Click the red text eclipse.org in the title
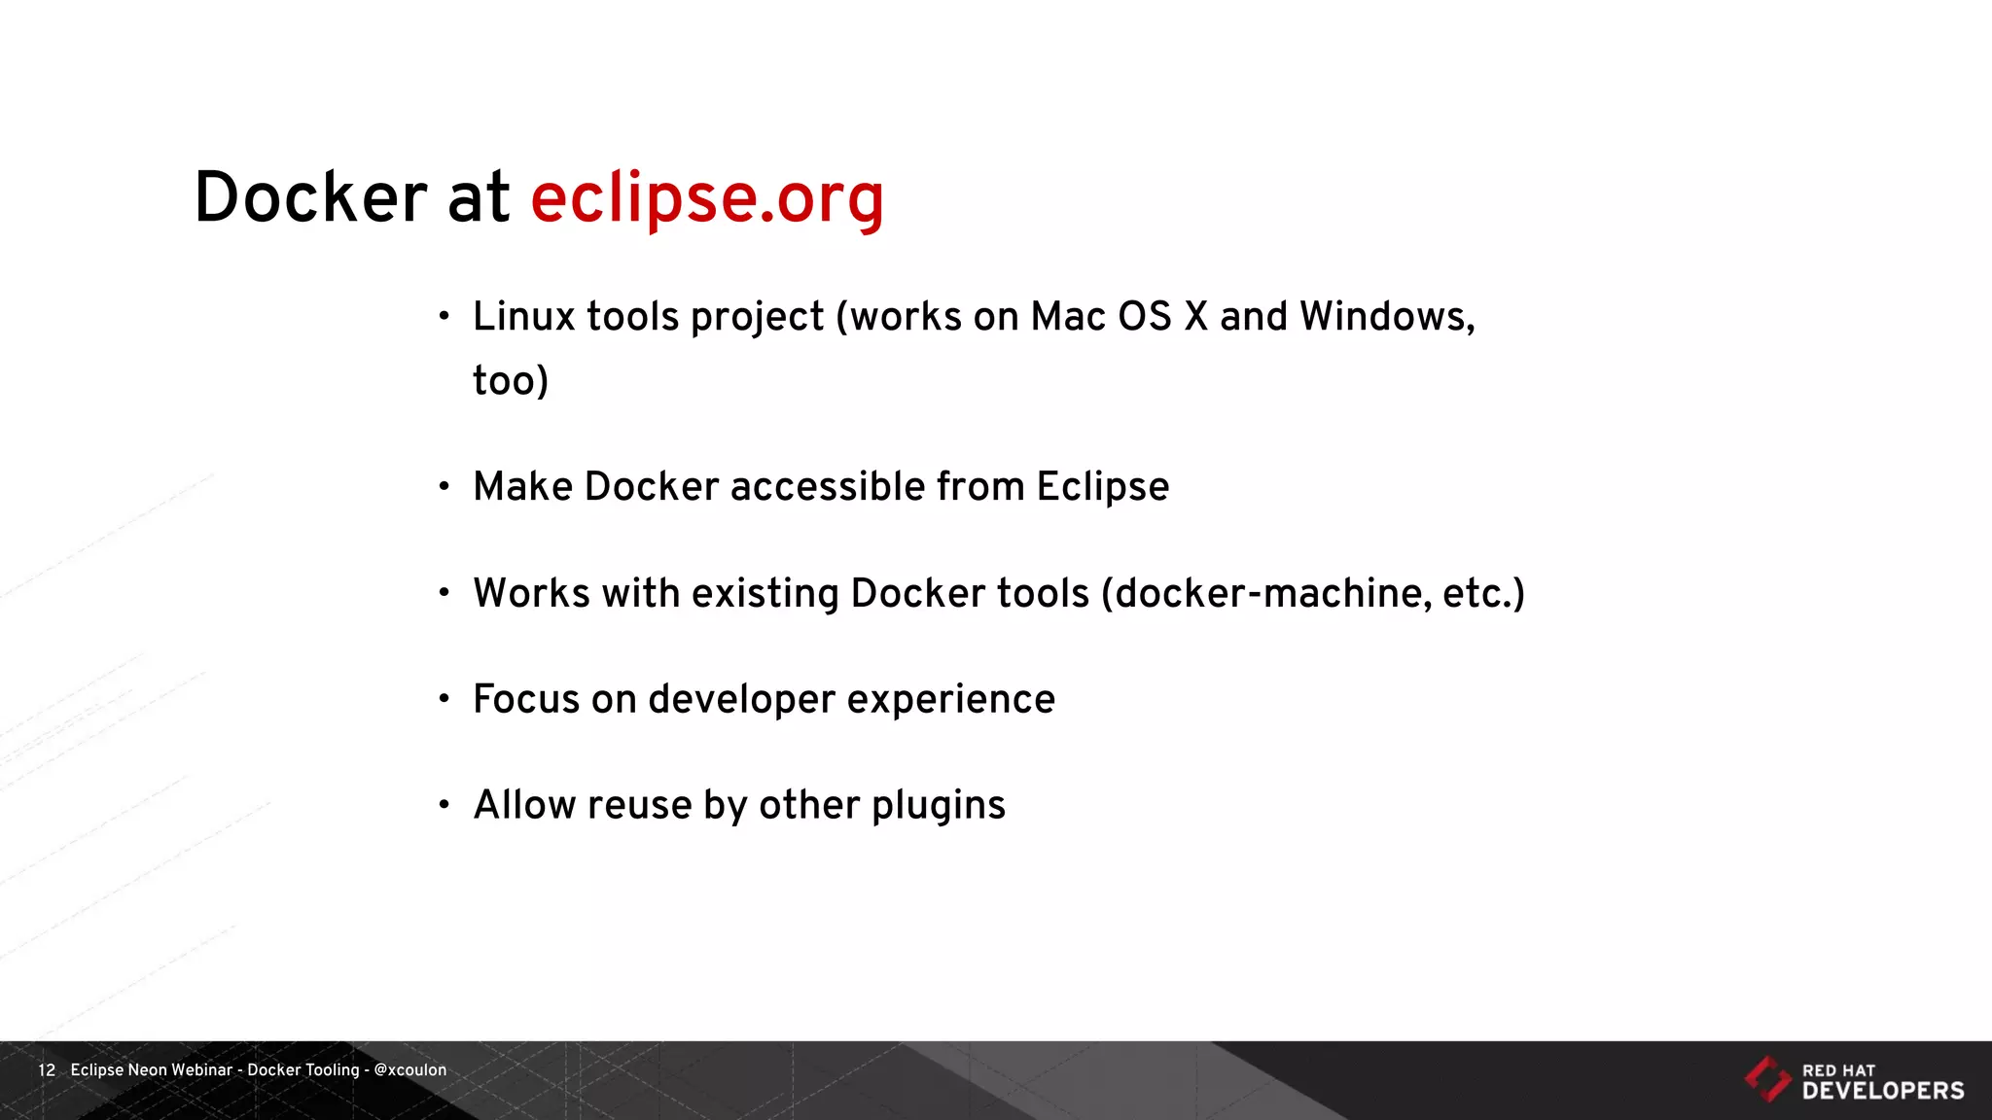tap(707, 198)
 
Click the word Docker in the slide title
tap(310, 198)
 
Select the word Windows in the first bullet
tap(1386, 317)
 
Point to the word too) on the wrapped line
tap(511, 380)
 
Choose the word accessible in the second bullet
tap(828, 487)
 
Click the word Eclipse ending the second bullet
tap(1102, 487)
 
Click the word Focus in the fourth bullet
tap(526, 699)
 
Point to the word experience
tap(950, 700)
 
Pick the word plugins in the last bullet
tap(938, 806)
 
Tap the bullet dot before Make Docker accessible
tap(445, 486)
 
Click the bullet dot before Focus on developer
tap(445, 698)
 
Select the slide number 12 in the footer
tap(47, 1070)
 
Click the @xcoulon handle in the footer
tap(410, 1070)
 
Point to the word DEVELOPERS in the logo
tap(1883, 1091)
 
